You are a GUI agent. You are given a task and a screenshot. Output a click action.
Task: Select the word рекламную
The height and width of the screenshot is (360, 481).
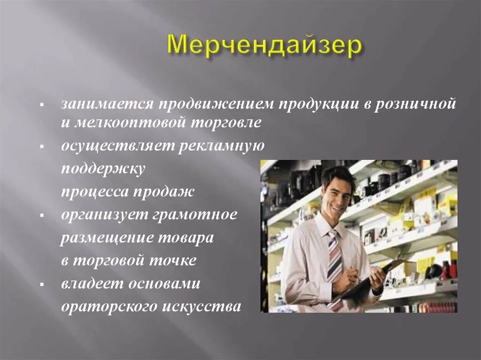click(221, 146)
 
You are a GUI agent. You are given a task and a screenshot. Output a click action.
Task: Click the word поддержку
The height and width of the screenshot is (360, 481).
click(103, 169)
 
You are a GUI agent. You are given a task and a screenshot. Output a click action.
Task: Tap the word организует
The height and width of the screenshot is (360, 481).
click(103, 215)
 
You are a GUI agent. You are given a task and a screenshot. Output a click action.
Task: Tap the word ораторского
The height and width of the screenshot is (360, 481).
click(109, 307)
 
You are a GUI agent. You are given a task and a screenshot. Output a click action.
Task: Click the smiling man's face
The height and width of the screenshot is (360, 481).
click(337, 191)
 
